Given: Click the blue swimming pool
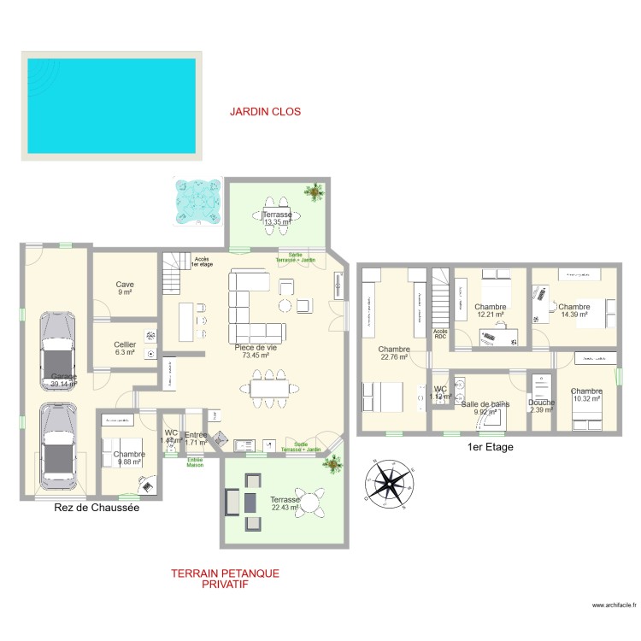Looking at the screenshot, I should pos(111,106).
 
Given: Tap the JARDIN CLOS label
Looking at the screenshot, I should pos(265,112).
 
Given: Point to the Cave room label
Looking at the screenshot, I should pos(125,289).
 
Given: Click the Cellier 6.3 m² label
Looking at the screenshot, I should pos(125,348).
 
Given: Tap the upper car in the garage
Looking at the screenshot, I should pos(57,351).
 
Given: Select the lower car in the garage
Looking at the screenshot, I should pos(57,443).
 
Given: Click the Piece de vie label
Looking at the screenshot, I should pos(256,352).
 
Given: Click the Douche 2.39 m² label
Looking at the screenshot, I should pos(541,406).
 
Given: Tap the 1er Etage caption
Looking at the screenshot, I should pos(491,447).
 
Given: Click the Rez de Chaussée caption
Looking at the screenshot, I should pos(91,508).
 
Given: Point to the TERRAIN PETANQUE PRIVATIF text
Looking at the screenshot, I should pos(225,579).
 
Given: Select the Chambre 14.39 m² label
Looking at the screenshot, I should pos(574,310).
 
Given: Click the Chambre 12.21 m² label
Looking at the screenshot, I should pos(491,310).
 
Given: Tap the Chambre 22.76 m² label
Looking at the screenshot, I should pos(394,353).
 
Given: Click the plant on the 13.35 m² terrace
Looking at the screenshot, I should pos(317,191).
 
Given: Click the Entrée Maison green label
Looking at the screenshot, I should pos(196,462).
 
